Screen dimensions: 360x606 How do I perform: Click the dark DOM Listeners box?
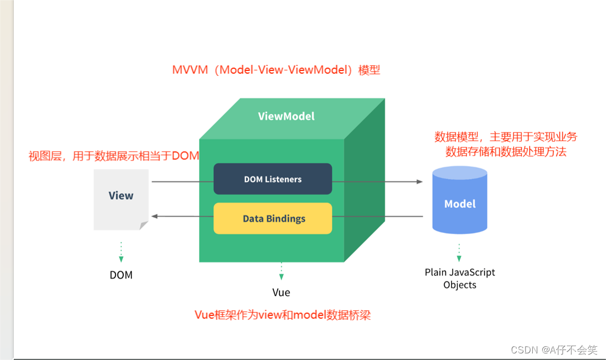point(273,179)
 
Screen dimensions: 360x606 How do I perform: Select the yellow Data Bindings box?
point(273,218)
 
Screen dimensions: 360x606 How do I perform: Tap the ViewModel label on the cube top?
point(286,116)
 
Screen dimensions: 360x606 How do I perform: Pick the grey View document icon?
point(121,198)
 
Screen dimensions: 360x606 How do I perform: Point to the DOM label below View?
point(121,275)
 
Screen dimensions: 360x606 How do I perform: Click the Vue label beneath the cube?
point(281,292)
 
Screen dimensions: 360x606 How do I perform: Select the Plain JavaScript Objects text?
point(460,278)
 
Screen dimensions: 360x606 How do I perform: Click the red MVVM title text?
point(276,70)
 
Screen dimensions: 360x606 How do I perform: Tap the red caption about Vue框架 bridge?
point(283,315)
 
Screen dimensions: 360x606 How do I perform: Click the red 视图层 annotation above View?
point(114,156)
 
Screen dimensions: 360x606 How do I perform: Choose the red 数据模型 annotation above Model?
point(506,144)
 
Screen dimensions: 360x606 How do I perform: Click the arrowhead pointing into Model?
point(420,181)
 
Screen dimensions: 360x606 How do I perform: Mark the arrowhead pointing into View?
point(155,216)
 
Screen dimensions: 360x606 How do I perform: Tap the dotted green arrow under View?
point(121,252)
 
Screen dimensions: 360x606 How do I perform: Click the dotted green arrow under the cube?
point(281,271)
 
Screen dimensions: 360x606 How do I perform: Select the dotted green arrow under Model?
point(459,252)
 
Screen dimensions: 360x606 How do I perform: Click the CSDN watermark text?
point(554,350)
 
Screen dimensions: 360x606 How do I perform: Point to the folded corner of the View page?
point(144,225)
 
